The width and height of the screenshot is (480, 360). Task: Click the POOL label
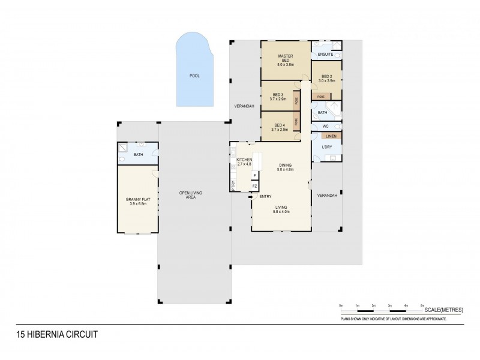(x=194, y=76)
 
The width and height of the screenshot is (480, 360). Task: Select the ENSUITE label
(x=325, y=55)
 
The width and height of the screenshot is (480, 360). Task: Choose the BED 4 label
(x=278, y=127)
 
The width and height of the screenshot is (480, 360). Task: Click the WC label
(x=325, y=127)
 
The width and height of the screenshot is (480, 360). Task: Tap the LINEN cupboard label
(x=331, y=137)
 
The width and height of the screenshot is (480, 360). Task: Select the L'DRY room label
(x=327, y=148)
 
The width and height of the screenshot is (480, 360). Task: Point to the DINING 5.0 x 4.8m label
(x=284, y=167)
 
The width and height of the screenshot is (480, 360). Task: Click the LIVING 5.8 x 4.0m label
(x=281, y=209)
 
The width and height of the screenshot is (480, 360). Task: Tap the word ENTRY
(x=265, y=196)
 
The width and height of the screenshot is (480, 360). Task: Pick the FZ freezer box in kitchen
(x=254, y=186)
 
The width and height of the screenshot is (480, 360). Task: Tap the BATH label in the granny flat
(x=138, y=155)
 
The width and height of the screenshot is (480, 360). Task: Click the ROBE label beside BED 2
(x=321, y=97)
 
